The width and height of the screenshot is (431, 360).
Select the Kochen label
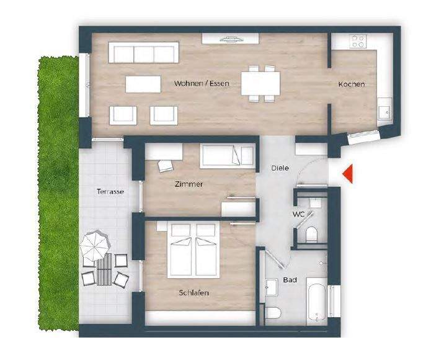[x=351, y=84]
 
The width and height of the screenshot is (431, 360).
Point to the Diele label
[x=280, y=168]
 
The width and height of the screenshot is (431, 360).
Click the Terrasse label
[x=110, y=192]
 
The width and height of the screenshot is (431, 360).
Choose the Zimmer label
[x=189, y=184]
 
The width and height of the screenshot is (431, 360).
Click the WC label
[x=298, y=214]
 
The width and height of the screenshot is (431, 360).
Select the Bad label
[x=290, y=280]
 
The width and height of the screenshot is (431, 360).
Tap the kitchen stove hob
[x=358, y=42]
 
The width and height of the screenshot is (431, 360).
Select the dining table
[x=260, y=83]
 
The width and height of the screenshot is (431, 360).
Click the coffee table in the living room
[x=143, y=83]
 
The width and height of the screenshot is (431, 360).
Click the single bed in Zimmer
[x=227, y=155]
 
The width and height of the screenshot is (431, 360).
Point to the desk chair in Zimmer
[x=166, y=166]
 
